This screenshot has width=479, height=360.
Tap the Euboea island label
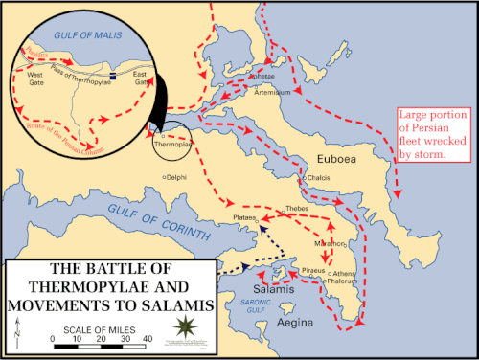click(336, 159)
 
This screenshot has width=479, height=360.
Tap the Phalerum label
click(343, 282)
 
